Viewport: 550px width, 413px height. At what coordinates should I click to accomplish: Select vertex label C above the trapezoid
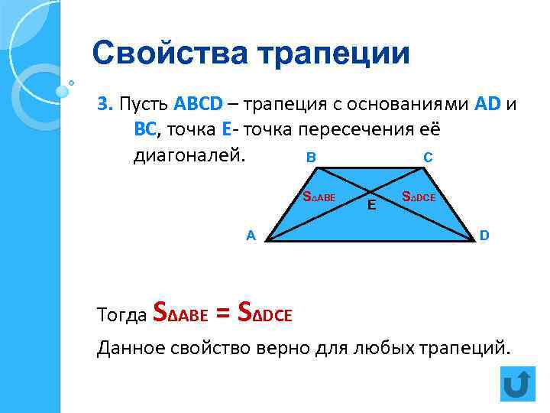428,158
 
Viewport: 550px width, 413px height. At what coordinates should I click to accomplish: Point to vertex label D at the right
484,236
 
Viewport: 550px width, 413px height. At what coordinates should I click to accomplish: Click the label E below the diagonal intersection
370,205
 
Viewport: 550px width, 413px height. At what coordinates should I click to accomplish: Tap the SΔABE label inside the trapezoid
320,197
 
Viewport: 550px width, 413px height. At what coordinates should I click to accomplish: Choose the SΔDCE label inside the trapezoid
419,197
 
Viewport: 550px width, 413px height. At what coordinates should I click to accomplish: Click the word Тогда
122,314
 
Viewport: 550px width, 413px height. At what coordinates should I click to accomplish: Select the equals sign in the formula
222,312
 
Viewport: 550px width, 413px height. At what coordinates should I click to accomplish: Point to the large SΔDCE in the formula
265,312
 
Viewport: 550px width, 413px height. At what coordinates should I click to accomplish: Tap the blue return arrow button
517,384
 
